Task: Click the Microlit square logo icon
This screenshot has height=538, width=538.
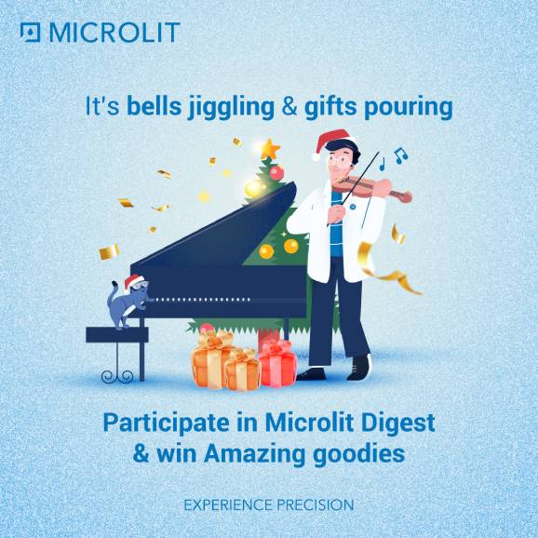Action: click(30, 33)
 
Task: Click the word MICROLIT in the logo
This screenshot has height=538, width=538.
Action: click(114, 33)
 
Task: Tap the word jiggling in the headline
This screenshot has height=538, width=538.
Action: click(231, 108)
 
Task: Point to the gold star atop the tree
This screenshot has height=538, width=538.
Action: click(270, 150)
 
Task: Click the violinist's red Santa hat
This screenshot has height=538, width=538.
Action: click(330, 143)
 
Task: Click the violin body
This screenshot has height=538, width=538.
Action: click(364, 185)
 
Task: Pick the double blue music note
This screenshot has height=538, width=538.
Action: click(401, 155)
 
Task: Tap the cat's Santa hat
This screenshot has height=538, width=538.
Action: click(134, 281)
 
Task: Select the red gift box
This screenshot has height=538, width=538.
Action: click(277, 364)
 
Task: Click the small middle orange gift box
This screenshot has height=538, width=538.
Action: click(243, 370)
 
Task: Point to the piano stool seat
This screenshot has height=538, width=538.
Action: click(117, 334)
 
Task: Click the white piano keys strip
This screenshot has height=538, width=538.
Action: click(203, 300)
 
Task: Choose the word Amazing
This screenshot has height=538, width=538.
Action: click(254, 454)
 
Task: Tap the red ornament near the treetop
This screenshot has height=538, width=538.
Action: click(276, 173)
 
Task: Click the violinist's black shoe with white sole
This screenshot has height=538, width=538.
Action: click(359, 367)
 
